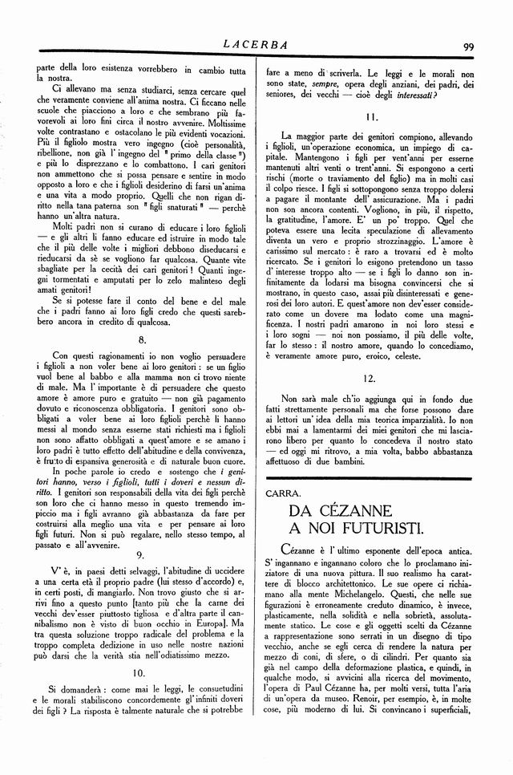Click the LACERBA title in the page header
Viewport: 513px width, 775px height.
(256, 46)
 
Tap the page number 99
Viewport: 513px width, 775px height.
(467, 47)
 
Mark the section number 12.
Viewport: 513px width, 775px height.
(370, 377)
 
